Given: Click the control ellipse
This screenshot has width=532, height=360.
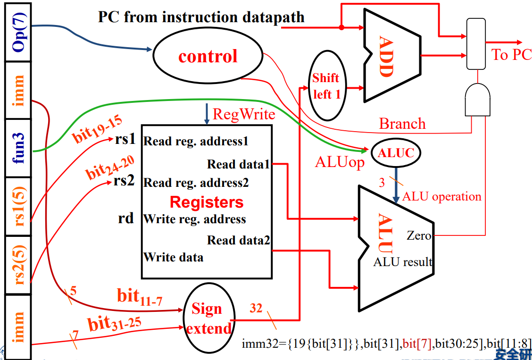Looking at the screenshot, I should coord(208,57).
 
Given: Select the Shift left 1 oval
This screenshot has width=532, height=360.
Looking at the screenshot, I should coord(326,86).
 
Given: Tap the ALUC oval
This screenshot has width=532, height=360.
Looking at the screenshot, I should coord(395,152).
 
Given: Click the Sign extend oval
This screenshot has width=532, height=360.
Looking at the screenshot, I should coord(208,318).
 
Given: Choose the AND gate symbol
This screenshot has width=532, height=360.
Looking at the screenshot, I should coord(478,100).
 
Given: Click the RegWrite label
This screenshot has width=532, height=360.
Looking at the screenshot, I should coord(244,114).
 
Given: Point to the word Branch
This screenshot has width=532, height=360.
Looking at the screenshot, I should coord(402,124).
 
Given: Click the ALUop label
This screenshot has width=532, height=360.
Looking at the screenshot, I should coord(340,162).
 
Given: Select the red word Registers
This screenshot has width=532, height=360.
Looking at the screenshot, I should coord(207,202).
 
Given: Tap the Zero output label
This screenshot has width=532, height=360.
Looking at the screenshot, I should coord(419,235).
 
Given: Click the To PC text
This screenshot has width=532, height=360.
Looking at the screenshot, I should coord(512,55).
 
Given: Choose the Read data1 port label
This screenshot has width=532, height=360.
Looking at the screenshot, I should coord(238,165).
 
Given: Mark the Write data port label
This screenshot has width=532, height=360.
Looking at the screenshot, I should coord(174,258).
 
